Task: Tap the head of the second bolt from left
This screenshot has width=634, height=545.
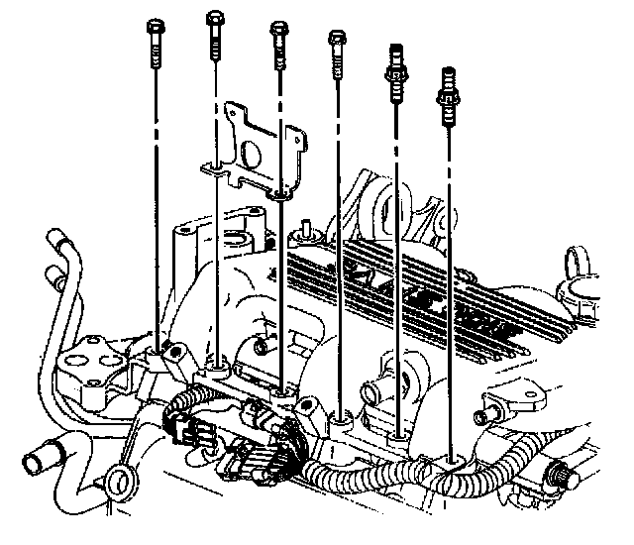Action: click(215, 19)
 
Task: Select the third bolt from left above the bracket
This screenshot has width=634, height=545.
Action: click(279, 32)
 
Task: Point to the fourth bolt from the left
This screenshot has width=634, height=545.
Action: click(337, 41)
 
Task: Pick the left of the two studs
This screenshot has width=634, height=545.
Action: click(398, 71)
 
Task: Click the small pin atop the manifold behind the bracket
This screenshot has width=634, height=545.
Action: click(306, 227)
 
